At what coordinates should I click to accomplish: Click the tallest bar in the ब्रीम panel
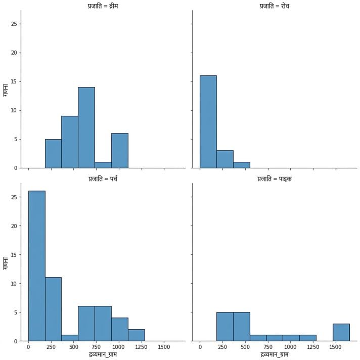[86, 127]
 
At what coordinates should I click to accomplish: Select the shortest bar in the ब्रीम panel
[103, 165]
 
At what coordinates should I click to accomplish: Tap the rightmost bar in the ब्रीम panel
[120, 151]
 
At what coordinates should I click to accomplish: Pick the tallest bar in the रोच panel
[208, 122]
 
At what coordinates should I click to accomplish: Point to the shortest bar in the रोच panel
[242, 165]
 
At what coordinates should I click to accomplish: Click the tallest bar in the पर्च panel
[37, 266]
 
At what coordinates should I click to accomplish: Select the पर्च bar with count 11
[53, 309]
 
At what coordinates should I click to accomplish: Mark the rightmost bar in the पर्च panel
[137, 335]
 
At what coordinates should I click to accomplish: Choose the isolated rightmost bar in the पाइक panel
[341, 333]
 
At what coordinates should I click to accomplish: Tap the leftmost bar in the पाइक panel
[225, 327]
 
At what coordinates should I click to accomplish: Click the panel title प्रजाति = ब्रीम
[103, 6]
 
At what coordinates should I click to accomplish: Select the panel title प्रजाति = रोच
[275, 6]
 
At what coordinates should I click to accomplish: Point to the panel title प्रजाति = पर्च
[103, 178]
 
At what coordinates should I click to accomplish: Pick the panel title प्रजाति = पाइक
[275, 178]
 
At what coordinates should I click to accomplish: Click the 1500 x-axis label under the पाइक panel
[335, 347]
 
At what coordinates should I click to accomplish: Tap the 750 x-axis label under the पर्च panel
[96, 347]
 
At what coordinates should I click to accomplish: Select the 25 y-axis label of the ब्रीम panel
[14, 24]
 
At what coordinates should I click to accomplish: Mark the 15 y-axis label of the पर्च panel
[14, 255]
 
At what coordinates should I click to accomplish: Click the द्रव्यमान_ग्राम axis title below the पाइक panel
[275, 354]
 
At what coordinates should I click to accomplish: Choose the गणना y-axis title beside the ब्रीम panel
[5, 90]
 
